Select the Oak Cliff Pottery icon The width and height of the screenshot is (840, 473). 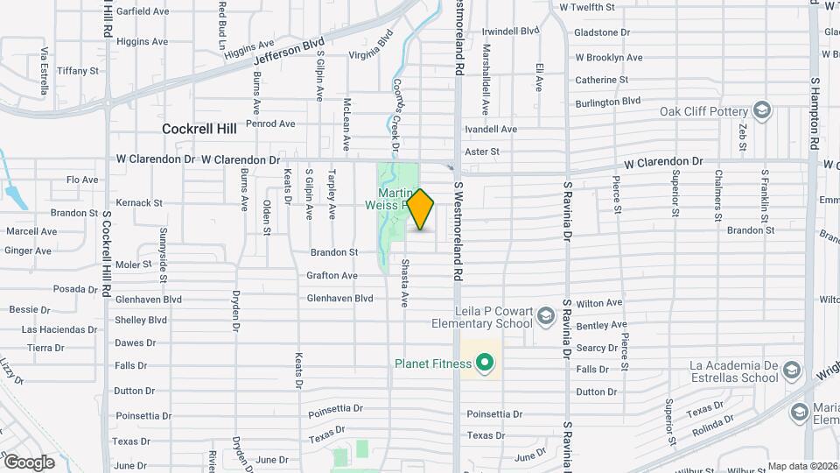[762, 111]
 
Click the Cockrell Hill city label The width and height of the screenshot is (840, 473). [199, 129]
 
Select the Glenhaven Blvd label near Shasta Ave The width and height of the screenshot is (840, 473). [339, 299]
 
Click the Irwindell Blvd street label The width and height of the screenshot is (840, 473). [511, 31]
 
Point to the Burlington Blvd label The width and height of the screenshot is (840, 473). [607, 102]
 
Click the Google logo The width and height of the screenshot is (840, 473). [29, 462]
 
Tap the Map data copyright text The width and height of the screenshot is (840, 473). [802, 466]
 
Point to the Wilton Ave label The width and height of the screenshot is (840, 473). [599, 303]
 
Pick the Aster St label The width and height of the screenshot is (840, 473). [482, 152]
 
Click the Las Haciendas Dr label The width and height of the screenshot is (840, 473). [59, 329]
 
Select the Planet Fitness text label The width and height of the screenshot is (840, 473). [432, 364]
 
